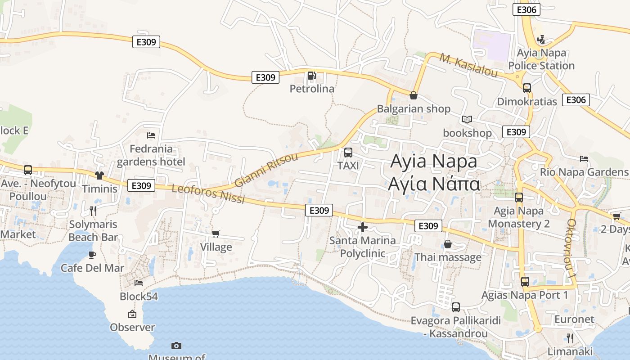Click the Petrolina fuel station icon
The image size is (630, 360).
[x=311, y=76]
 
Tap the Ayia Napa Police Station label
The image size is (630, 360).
[x=541, y=59]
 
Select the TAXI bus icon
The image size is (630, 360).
[x=348, y=153]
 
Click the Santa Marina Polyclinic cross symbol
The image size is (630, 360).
[x=362, y=227]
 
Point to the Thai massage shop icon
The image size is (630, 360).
[x=448, y=244]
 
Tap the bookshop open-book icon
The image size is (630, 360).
[x=467, y=120]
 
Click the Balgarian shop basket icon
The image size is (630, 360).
[x=413, y=95]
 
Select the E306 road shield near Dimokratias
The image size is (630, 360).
[x=576, y=100]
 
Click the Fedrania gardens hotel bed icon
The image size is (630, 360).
[x=151, y=135]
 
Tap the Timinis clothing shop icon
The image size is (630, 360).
[x=99, y=175]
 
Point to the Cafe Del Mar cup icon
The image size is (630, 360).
[x=92, y=255]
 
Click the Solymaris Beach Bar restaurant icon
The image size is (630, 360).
[x=93, y=210]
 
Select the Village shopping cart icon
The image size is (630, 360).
[x=216, y=234]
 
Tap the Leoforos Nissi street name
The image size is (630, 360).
[x=208, y=194]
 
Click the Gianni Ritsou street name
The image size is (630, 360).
[x=266, y=170]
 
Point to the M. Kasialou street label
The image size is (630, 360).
[x=468, y=66]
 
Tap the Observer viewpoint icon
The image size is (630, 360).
[x=132, y=314]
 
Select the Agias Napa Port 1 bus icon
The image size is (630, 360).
[x=525, y=282]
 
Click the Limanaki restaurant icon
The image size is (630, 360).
[x=570, y=338]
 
